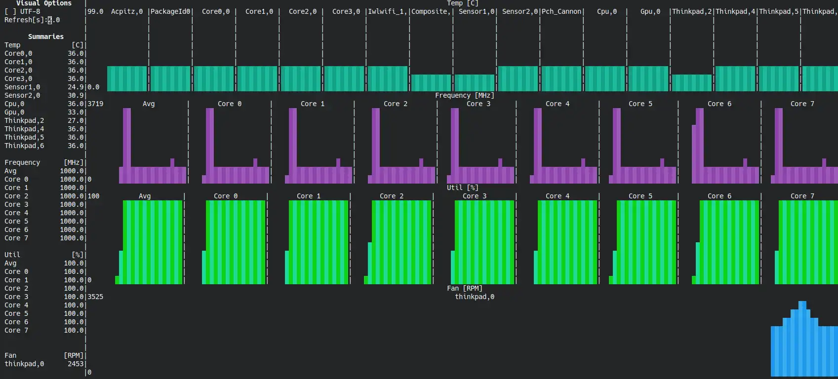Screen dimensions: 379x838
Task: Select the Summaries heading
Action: click(46, 37)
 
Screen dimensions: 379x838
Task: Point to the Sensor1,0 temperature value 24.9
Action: click(76, 87)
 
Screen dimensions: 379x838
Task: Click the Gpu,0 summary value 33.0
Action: click(76, 112)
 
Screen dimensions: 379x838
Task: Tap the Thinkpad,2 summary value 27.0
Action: click(76, 120)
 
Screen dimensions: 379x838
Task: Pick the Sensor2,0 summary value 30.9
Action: click(76, 95)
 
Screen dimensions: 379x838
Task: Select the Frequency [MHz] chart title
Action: click(464, 95)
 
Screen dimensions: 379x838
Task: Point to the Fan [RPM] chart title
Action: click(465, 288)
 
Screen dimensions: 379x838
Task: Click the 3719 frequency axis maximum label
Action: click(95, 104)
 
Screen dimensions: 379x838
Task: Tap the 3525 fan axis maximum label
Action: click(95, 297)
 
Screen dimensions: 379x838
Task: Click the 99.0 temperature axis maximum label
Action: click(95, 11)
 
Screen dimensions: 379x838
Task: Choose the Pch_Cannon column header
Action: click(561, 11)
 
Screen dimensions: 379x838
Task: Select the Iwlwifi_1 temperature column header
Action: click(388, 11)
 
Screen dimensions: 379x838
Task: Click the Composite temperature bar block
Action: click(431, 83)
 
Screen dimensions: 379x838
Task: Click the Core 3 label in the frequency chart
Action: click(479, 104)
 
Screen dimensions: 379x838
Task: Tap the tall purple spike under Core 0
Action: click(210, 138)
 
